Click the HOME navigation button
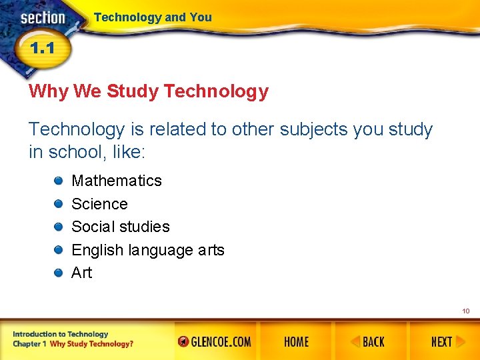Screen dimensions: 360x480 (x=296, y=342)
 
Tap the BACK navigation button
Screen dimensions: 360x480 (x=368, y=342)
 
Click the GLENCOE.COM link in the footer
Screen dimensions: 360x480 (x=215, y=342)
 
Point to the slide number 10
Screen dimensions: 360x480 (x=465, y=311)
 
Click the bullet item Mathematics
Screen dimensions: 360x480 (x=117, y=181)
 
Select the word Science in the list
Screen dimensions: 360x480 (x=99, y=204)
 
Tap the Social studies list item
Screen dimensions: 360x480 (x=121, y=227)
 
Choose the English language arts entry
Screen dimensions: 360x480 (x=148, y=250)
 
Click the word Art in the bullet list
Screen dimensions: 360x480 (x=82, y=273)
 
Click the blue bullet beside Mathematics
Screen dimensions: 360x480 (x=59, y=181)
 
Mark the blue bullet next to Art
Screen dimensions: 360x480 (x=59, y=273)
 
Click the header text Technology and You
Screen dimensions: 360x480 (x=153, y=17)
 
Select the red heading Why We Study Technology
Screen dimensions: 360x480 (x=149, y=91)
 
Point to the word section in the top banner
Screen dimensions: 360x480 (x=43, y=18)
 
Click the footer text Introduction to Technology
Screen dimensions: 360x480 (x=60, y=334)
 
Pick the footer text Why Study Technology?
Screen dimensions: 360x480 (x=91, y=344)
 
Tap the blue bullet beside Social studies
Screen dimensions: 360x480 (x=59, y=227)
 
